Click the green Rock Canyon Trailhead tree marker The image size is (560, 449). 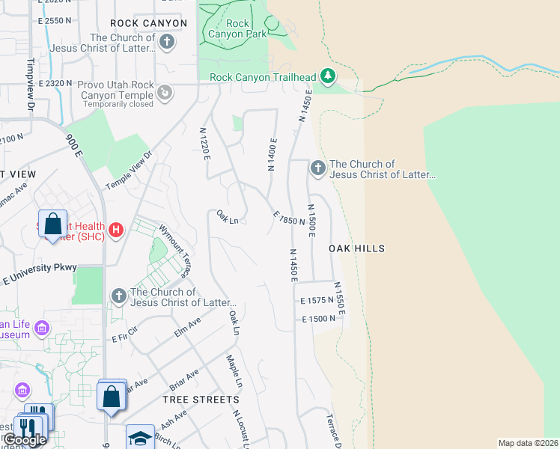[x=326, y=76]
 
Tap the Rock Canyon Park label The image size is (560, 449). [x=237, y=28]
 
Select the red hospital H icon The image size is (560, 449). [x=115, y=230]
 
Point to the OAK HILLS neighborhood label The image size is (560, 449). [x=356, y=248]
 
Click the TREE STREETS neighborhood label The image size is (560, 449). [x=201, y=400]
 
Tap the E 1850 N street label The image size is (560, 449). [x=288, y=217]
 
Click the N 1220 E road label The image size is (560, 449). [x=204, y=144]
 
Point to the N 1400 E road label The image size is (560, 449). [x=273, y=154]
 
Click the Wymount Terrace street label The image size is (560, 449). [x=172, y=247]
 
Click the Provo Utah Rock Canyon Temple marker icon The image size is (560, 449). [x=165, y=93]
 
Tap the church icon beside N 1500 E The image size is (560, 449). [x=317, y=168]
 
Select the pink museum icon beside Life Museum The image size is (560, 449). [x=42, y=329]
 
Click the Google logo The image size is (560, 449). [x=25, y=440]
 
